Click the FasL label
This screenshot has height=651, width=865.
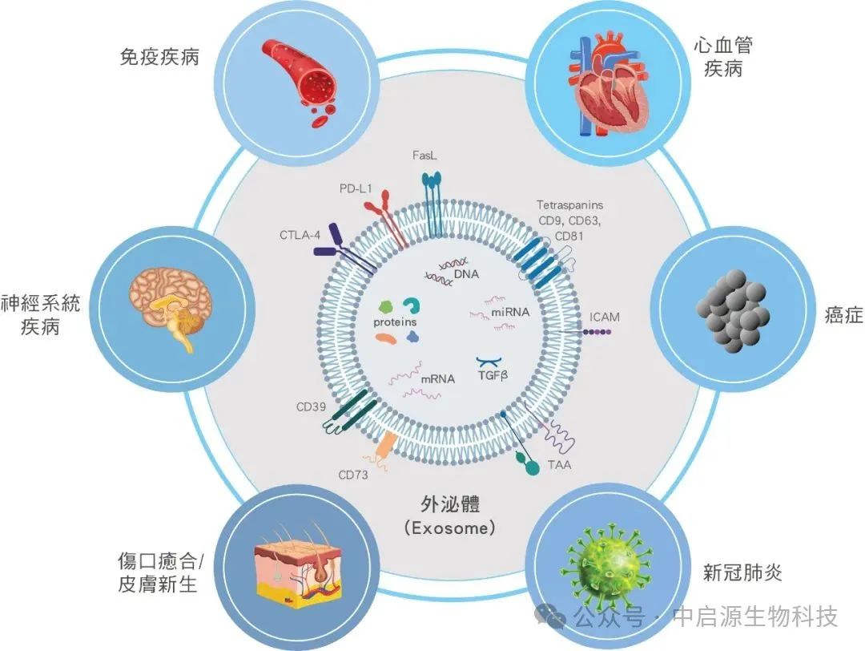(x=424, y=156)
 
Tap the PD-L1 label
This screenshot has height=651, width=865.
(x=356, y=189)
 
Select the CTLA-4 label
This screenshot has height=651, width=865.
(x=300, y=235)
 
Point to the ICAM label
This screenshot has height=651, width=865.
(x=605, y=317)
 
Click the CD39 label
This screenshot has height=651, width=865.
(x=311, y=407)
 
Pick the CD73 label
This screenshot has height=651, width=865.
(x=353, y=475)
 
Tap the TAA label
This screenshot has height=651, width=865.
(x=559, y=465)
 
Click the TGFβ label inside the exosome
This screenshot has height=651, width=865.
(x=493, y=376)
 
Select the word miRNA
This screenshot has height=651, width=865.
(x=510, y=312)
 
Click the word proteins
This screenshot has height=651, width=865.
(x=395, y=322)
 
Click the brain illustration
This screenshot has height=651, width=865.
(x=171, y=307)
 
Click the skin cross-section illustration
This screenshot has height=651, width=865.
(x=299, y=568)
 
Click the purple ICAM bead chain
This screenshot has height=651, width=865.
(x=597, y=333)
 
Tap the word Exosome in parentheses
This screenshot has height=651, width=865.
(x=449, y=528)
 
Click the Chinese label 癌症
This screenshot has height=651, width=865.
(x=843, y=315)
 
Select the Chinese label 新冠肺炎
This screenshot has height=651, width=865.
(x=742, y=572)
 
